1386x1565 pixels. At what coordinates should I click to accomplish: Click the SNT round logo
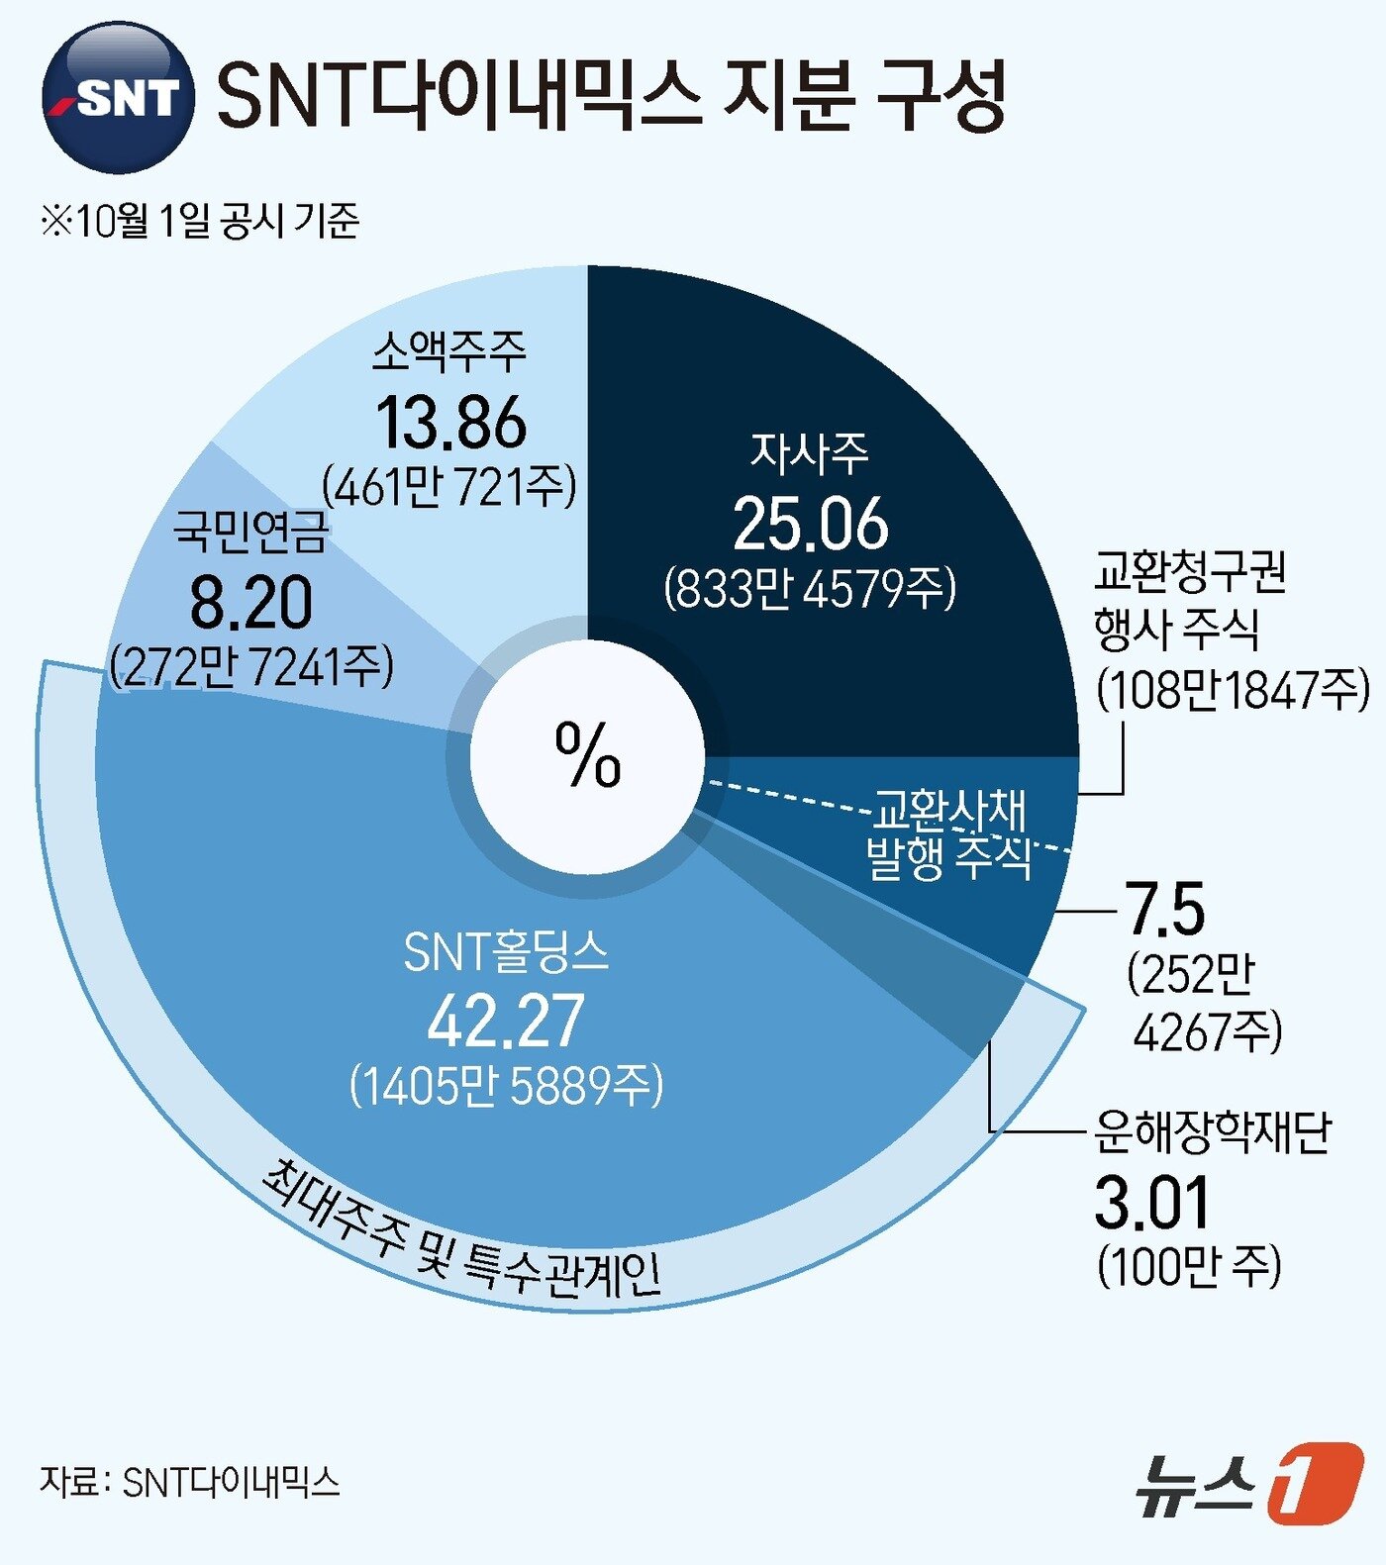click(117, 97)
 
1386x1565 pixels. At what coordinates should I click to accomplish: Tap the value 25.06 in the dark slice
click(811, 524)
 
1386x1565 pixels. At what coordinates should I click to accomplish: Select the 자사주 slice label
click(809, 453)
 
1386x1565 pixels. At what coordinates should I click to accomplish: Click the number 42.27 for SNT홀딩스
click(506, 1022)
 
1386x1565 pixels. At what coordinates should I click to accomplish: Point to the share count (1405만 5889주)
click(506, 1086)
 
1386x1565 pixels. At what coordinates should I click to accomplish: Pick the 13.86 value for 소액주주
click(451, 424)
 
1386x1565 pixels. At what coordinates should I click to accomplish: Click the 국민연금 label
click(250, 532)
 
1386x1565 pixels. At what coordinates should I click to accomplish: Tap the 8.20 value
click(250, 603)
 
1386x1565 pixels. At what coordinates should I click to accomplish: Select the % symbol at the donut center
click(588, 754)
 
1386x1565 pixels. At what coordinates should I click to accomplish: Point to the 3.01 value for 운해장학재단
click(1152, 1203)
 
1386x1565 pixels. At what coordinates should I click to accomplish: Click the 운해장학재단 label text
click(1213, 1132)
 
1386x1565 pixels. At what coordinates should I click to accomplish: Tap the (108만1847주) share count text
click(1233, 689)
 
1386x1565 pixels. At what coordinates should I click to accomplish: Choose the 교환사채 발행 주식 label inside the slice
click(948, 834)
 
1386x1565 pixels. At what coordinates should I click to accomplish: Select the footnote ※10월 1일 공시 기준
click(199, 220)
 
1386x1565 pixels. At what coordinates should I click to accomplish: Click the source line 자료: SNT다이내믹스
click(189, 1482)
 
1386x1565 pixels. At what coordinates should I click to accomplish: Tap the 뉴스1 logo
click(1248, 1484)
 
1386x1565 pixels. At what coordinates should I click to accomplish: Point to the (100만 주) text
click(1189, 1266)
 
